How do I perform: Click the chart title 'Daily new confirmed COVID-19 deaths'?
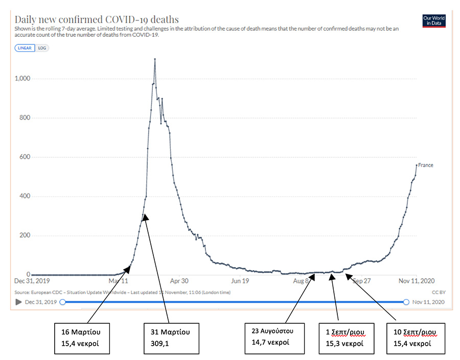(97, 19)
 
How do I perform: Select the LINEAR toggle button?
(25, 48)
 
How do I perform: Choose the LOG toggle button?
(42, 48)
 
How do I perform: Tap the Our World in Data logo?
(434, 20)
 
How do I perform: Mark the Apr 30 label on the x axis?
(179, 281)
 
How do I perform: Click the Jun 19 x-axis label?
(240, 281)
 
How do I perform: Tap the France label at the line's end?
(425, 165)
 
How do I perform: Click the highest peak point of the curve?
(154, 59)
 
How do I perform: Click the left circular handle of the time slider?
(62, 302)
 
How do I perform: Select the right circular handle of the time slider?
(406, 302)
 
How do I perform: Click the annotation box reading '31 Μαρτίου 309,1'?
(170, 337)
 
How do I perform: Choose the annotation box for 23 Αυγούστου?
(275, 337)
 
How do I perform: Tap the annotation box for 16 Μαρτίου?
(83, 337)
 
